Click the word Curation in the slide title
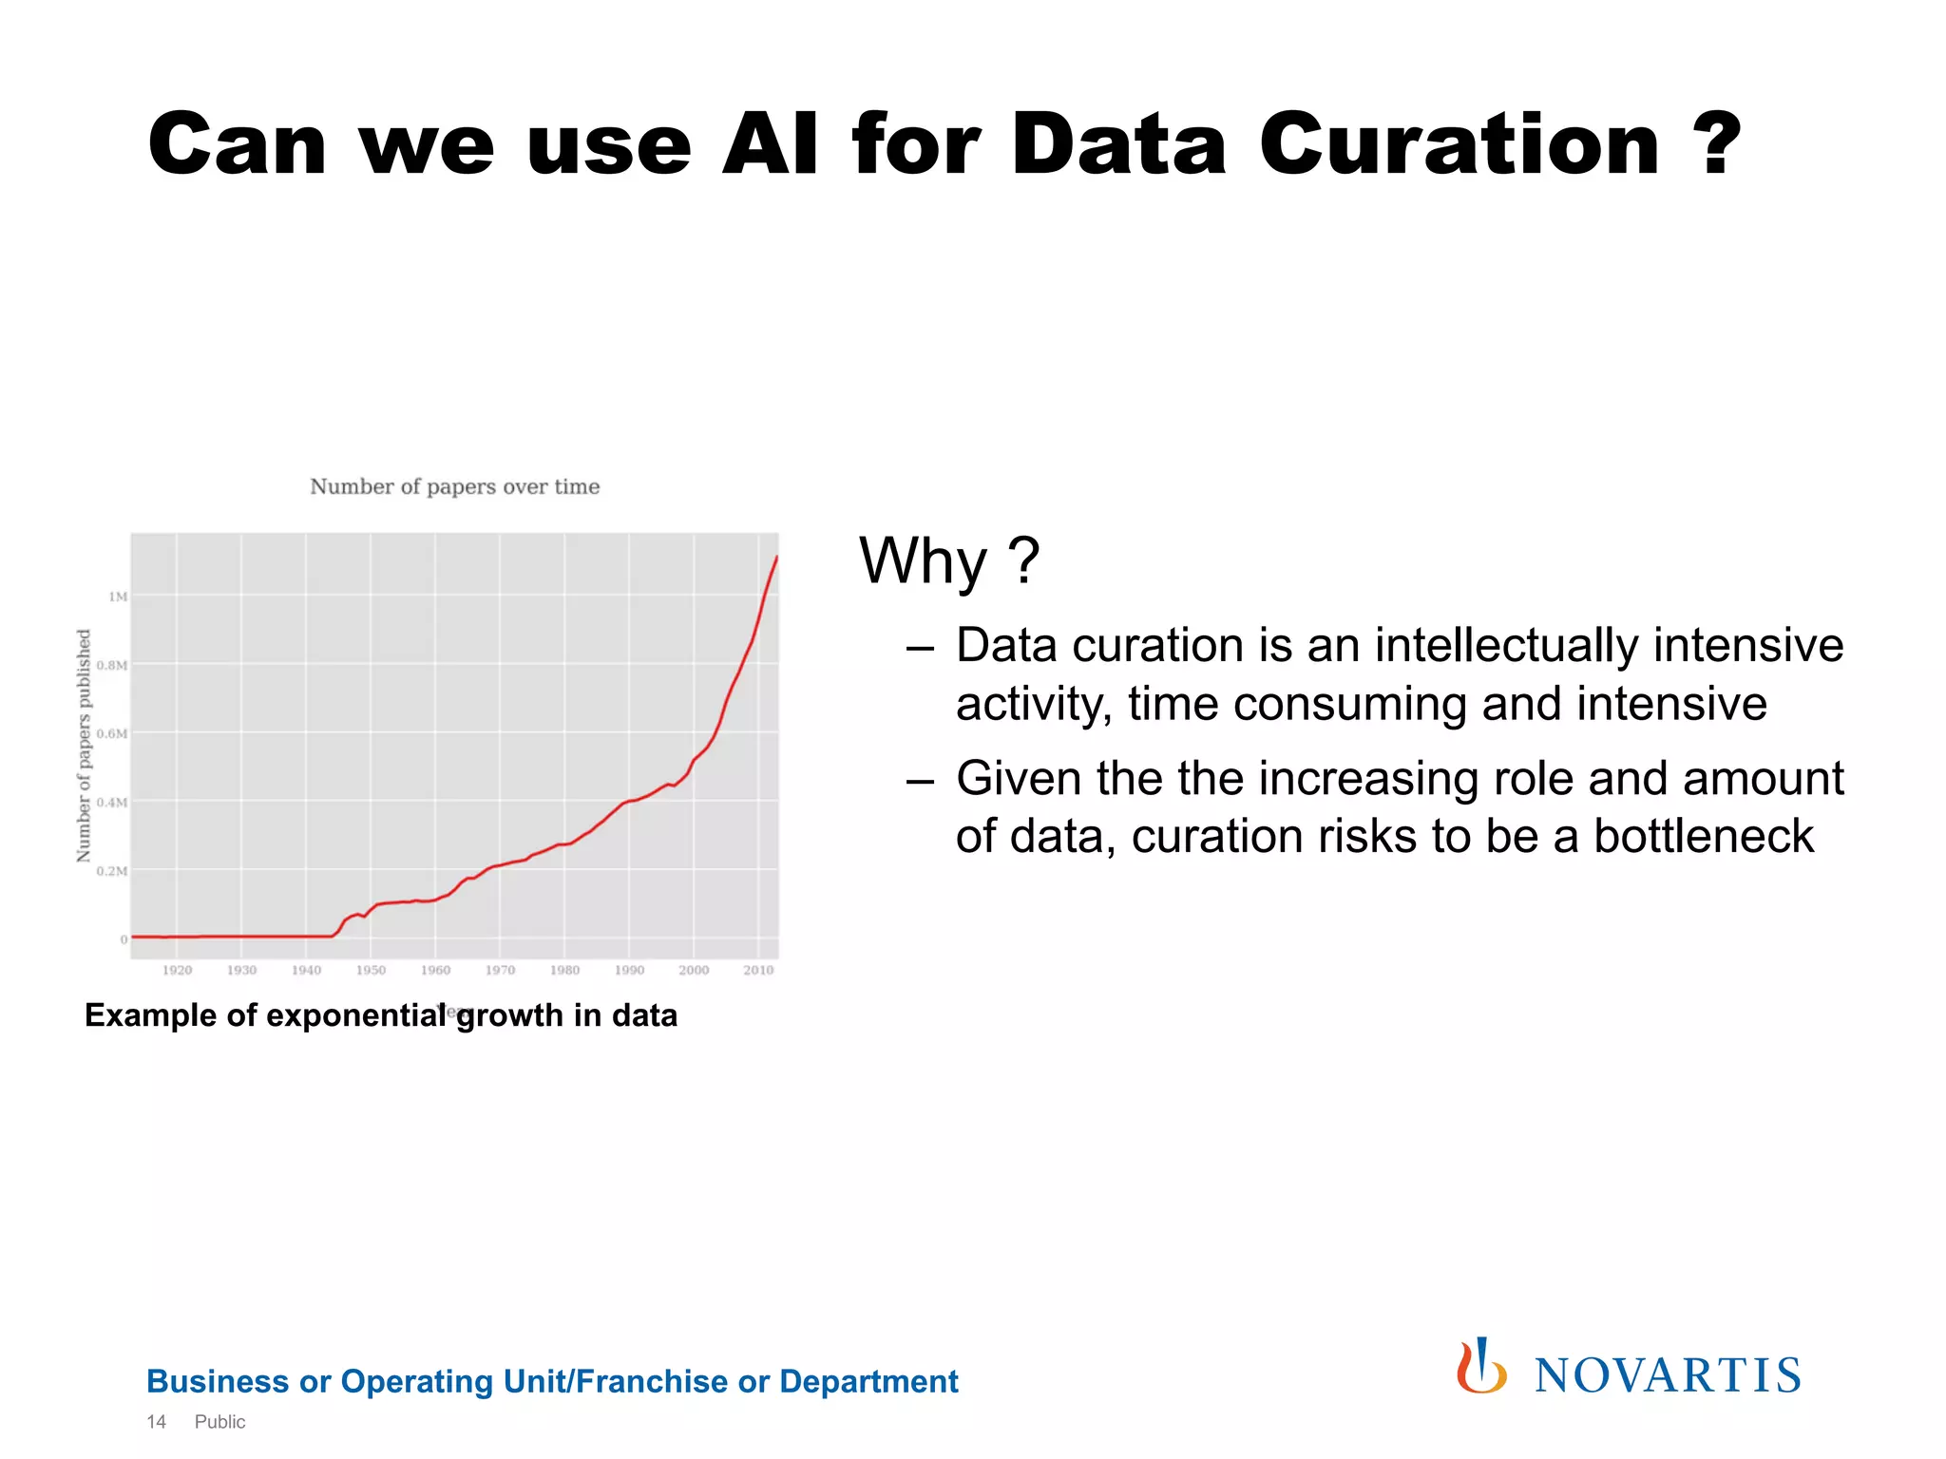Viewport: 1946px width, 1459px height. click(1459, 144)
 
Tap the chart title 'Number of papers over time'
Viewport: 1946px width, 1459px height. click(454, 486)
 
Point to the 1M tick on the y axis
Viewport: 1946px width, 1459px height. click(118, 597)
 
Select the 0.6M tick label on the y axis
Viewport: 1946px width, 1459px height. click(112, 733)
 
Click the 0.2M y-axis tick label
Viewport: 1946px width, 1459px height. click(112, 871)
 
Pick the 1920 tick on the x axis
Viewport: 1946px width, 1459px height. click(177, 970)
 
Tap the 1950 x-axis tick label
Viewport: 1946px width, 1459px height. click(371, 970)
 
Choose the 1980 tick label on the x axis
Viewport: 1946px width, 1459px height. click(564, 970)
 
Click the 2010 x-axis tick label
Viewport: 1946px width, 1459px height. click(758, 970)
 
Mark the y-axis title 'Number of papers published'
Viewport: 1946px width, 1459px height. click(84, 746)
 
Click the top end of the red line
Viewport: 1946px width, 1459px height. click(776, 557)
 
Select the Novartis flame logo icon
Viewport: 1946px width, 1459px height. click(1481, 1367)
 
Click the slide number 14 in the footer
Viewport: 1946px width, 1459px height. click(157, 1422)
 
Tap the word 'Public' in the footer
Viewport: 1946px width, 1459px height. click(219, 1422)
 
